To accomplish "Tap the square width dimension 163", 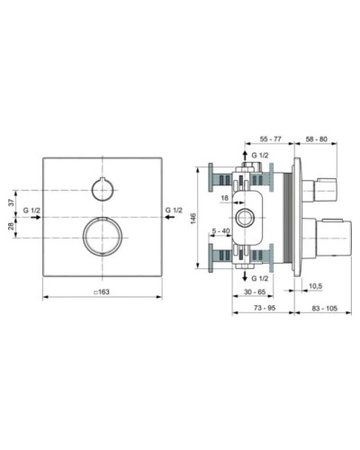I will pyautogui.click(x=100, y=292).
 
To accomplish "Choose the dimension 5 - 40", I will pyautogui.click(x=220, y=231).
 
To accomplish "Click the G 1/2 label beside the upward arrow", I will pyautogui.click(x=259, y=157).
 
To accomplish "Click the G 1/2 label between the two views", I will pyautogui.click(x=174, y=211).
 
